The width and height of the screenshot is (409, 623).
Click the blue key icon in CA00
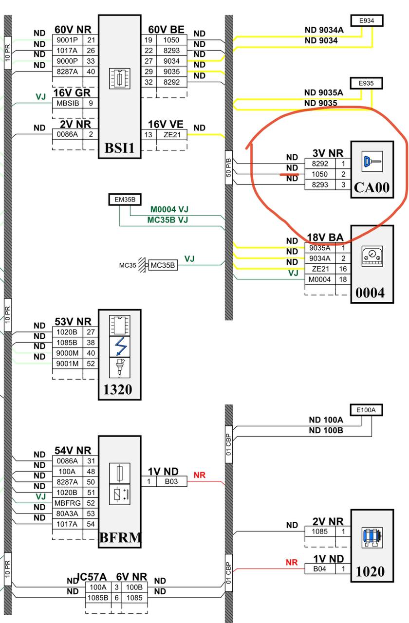(x=372, y=161)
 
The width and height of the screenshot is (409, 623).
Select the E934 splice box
(x=367, y=20)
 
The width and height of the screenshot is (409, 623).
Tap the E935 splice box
(x=366, y=83)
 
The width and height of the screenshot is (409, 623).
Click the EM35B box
(x=125, y=200)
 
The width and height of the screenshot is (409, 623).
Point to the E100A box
(x=366, y=410)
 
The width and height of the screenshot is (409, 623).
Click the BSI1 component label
(x=119, y=148)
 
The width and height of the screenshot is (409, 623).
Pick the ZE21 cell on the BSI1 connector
(x=172, y=135)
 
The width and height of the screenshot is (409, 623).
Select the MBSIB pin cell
(x=68, y=103)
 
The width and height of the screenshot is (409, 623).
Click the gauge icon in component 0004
(x=372, y=256)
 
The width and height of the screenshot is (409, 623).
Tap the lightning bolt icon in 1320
(x=120, y=347)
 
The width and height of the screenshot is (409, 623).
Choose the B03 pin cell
(x=171, y=481)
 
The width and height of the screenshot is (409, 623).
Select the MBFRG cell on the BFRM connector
(x=68, y=503)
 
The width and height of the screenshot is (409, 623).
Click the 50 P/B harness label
(x=229, y=168)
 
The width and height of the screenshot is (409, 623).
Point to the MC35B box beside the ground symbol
(x=163, y=265)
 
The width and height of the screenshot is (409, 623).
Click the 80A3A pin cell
(x=67, y=513)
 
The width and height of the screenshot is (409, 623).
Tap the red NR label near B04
(x=292, y=562)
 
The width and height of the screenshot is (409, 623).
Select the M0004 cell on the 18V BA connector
(x=320, y=279)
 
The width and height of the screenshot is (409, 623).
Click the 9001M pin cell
(x=67, y=364)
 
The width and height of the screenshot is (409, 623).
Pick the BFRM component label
(x=120, y=538)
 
